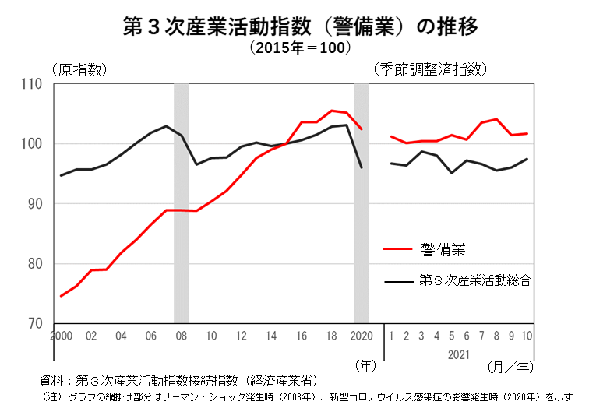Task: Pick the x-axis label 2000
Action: tap(61, 336)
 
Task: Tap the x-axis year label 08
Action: tap(181, 336)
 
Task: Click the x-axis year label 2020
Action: tap(362, 336)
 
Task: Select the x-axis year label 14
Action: tap(271, 336)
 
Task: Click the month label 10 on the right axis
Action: tap(527, 336)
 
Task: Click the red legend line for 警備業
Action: tap(399, 249)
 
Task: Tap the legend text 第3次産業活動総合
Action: tap(474, 279)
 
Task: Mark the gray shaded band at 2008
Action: tap(181, 202)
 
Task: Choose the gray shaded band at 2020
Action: tap(362, 202)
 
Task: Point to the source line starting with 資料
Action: tap(179, 381)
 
